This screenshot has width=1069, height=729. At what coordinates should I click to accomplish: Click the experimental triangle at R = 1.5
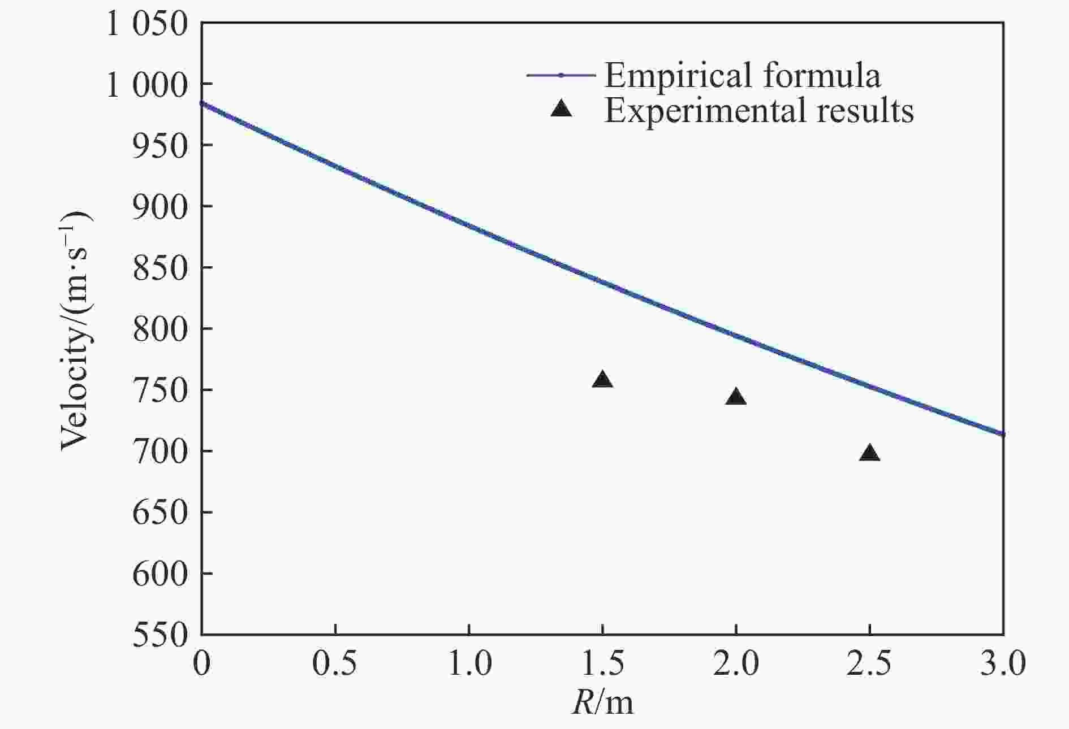[602, 380]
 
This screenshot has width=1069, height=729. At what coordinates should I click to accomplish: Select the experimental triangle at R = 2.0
[736, 397]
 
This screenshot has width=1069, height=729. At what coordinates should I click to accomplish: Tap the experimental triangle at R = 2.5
[869, 453]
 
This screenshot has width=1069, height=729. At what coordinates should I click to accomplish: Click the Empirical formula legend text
[742, 75]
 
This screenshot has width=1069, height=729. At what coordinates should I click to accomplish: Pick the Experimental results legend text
[758, 110]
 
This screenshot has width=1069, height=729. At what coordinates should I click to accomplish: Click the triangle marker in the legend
[561, 109]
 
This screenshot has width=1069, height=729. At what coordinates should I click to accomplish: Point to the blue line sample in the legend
[561, 75]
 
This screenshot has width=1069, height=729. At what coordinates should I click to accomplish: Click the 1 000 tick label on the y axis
[146, 86]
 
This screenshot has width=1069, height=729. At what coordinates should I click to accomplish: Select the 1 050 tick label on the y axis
[146, 25]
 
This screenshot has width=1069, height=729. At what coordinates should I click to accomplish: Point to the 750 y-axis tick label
[160, 390]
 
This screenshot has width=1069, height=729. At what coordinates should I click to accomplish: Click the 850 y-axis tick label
[160, 268]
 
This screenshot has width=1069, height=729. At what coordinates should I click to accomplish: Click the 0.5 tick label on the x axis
[335, 663]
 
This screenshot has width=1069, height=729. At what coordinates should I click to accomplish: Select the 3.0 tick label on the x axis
[1003, 663]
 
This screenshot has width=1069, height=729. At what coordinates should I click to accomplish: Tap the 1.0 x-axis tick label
[469, 663]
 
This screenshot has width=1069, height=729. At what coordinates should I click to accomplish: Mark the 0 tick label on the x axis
[201, 663]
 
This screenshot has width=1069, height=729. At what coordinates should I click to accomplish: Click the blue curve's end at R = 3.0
[1002, 434]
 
